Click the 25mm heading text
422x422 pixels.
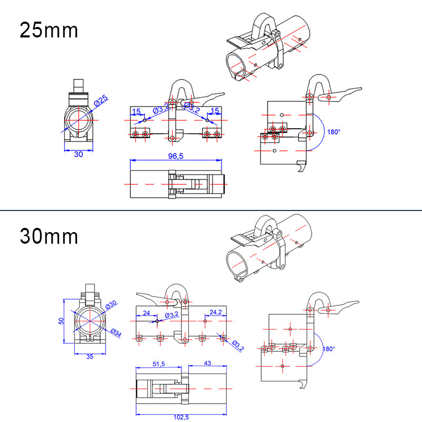pyautogui.click(x=49, y=30)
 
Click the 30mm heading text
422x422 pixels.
pyautogui.click(x=49, y=236)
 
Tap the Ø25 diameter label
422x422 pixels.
pyautogui.click(x=101, y=99)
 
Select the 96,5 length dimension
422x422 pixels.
pyautogui.click(x=175, y=156)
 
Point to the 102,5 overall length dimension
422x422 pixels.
pyautogui.click(x=181, y=417)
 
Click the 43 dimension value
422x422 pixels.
pyautogui.click(x=207, y=363)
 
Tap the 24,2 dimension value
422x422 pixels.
pyautogui.click(x=215, y=312)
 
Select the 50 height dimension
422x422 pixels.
pyautogui.click(x=61, y=321)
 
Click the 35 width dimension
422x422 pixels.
pyautogui.click(x=89, y=357)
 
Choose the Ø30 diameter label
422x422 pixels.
pyautogui.click(x=111, y=305)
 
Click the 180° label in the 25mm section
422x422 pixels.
pyautogui.click(x=333, y=132)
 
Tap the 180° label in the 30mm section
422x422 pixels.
pyautogui.click(x=329, y=349)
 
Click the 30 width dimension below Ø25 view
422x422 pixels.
pyautogui.click(x=78, y=154)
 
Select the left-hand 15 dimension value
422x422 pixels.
pyautogui.click(x=136, y=111)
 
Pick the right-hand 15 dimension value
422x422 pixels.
pyautogui.click(x=214, y=110)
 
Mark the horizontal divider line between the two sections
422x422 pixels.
pyautogui.click(x=211, y=210)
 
